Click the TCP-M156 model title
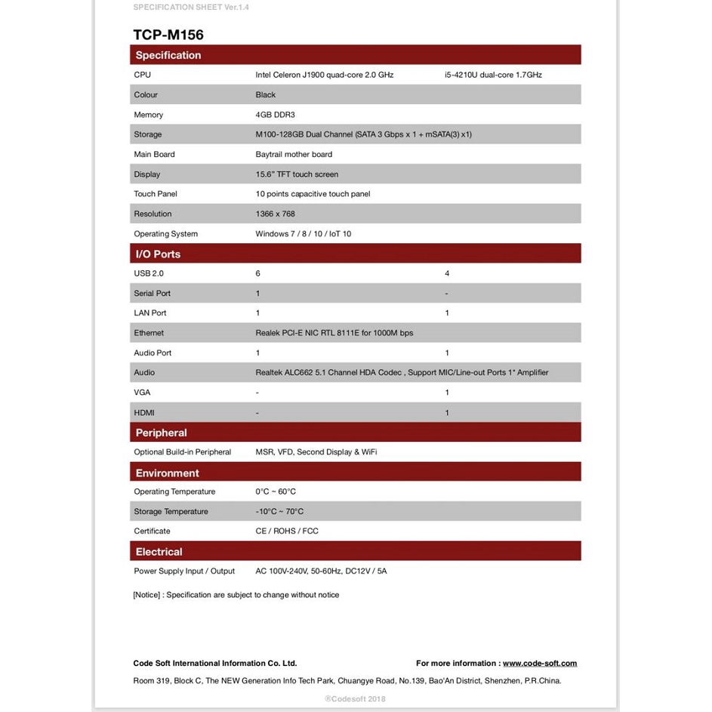click(168, 35)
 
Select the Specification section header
click(168, 55)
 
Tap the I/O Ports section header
click(158, 254)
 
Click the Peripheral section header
click(161, 433)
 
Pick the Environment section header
click(167, 473)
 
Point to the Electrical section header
click(159, 552)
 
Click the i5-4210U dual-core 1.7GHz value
click(493, 75)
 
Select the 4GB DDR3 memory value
click(275, 115)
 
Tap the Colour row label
click(146, 95)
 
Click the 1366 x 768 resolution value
click(276, 214)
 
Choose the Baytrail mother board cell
click(294, 155)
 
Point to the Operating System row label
click(166, 234)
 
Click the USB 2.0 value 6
click(258, 273)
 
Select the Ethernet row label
click(149, 333)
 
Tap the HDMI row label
click(144, 413)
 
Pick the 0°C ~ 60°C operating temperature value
click(276, 492)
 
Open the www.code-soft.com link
click(539, 664)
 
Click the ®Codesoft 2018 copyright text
click(355, 698)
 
